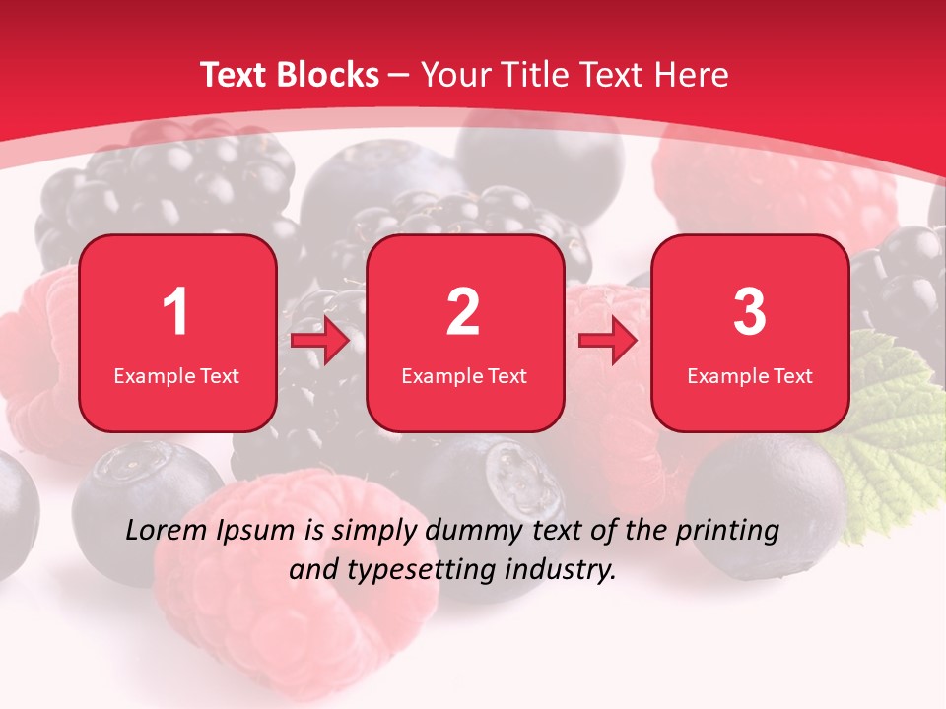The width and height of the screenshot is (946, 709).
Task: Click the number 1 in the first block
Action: [176, 312]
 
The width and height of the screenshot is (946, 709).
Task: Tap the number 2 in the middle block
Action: [463, 312]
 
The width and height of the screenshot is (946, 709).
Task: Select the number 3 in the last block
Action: [750, 312]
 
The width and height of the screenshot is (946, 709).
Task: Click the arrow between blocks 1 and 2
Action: [320, 341]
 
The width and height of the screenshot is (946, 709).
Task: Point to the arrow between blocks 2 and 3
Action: [608, 341]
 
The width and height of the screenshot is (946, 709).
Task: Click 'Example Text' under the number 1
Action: [176, 375]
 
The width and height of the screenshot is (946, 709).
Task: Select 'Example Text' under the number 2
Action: [464, 375]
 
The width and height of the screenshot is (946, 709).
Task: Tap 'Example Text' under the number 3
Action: [750, 375]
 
